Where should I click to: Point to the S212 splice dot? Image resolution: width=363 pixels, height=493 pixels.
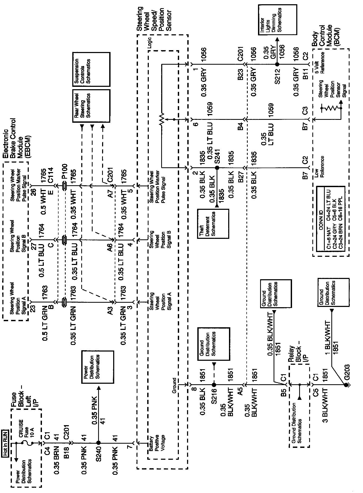coord(277,64)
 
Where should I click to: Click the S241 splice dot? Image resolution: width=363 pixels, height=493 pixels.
coord(217,168)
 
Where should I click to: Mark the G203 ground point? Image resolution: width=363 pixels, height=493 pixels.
coord(346,385)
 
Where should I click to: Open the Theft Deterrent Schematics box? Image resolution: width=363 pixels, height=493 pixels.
coord(213,224)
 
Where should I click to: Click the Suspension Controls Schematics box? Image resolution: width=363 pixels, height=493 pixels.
coord(91,69)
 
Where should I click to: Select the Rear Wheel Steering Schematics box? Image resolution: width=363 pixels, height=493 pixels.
coord(91,106)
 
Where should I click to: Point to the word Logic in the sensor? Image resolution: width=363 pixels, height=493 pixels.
coord(150,46)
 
